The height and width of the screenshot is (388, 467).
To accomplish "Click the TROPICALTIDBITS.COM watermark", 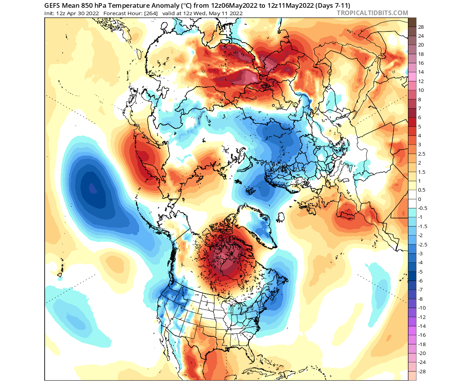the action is [x=372, y=13].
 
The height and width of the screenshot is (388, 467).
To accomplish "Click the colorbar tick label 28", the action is [x=421, y=27].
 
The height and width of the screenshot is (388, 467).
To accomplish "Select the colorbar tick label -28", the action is [x=422, y=371].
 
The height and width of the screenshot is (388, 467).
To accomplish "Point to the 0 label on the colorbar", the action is [x=420, y=199].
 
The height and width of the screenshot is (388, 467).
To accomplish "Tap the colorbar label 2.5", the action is [x=422, y=154].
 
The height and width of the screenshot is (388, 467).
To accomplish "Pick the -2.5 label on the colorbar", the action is [x=423, y=244].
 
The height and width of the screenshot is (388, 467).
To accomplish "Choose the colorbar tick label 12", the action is [x=421, y=81].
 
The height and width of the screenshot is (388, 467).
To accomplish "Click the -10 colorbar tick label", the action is [x=422, y=308].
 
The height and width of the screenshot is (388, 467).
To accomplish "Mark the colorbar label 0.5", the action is [x=422, y=190].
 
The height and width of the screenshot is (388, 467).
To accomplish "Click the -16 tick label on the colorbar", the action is [x=422, y=335].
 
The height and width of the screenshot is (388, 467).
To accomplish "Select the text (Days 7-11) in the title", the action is [x=333, y=5].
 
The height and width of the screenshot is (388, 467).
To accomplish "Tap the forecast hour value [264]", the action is [x=151, y=14].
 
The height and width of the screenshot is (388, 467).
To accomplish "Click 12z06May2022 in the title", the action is [x=234, y=5].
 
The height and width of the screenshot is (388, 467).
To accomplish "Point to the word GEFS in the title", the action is [x=52, y=5].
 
